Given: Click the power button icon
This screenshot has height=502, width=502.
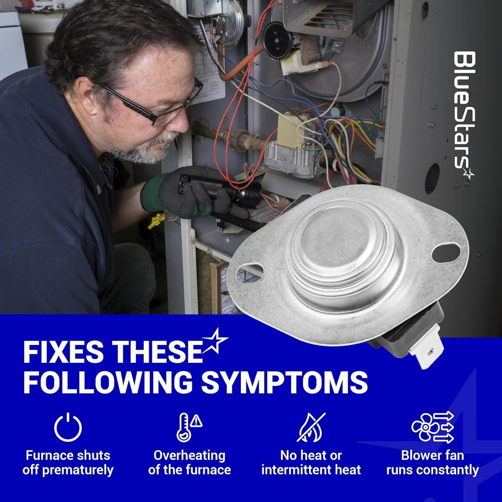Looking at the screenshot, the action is coord(68,427).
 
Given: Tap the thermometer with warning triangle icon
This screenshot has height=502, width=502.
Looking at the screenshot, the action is coord(190,427).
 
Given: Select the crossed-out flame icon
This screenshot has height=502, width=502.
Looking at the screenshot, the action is coord(311,427).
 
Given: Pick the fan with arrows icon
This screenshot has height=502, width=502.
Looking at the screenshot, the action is coord(433,427).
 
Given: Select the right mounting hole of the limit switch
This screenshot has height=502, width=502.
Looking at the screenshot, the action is coord(446,249).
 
